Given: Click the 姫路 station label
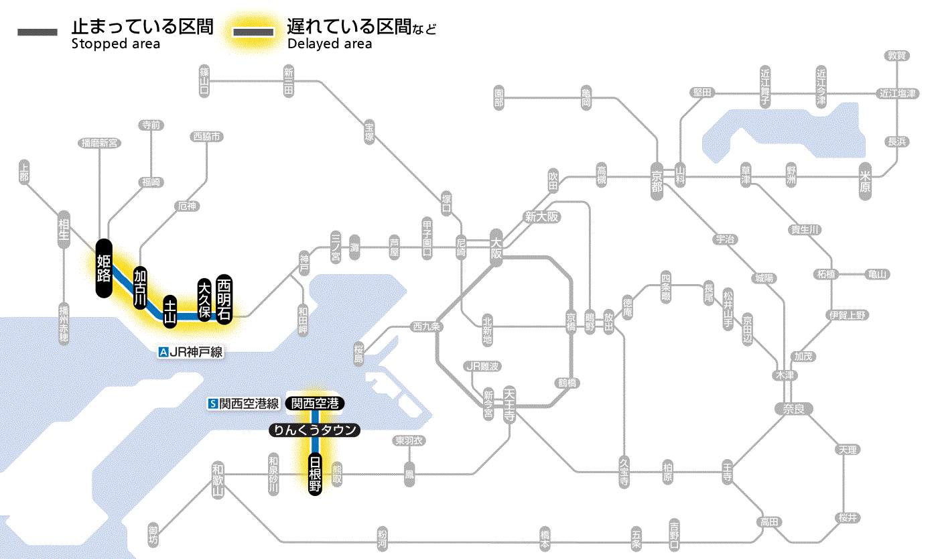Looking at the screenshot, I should [x=103, y=268].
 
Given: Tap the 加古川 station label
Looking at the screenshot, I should [x=140, y=288].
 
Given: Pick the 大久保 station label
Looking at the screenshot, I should [x=204, y=299].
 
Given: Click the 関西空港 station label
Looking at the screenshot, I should [x=315, y=403].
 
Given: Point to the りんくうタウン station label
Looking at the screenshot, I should [x=314, y=430].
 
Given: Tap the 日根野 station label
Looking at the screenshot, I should [x=315, y=474].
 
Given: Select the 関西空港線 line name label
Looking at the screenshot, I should [x=249, y=403].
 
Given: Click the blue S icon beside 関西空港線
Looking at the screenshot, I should [x=214, y=403].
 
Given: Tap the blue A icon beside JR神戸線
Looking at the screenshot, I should [x=163, y=352].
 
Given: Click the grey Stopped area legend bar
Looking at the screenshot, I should [x=39, y=32].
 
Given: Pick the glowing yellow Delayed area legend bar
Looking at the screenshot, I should [x=253, y=32].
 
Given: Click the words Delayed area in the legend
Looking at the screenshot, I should [x=330, y=44].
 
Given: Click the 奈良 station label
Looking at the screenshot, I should [x=793, y=408].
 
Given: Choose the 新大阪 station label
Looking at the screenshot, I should [x=542, y=217].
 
